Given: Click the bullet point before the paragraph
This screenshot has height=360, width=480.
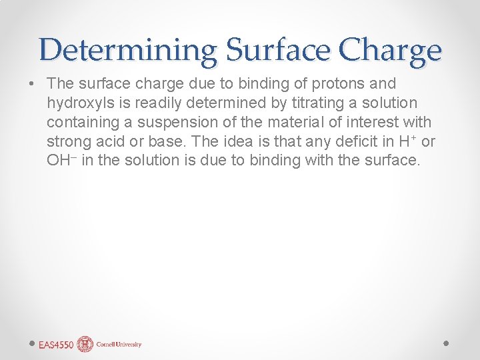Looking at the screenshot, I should tap(31, 84).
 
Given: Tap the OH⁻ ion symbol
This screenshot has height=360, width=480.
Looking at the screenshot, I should tap(61, 161).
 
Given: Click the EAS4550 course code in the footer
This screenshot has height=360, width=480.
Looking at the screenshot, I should tap(55, 345).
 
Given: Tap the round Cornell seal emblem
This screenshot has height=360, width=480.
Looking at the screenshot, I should tap(85, 344).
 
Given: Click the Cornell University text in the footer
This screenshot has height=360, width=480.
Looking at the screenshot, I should tap(119, 345).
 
